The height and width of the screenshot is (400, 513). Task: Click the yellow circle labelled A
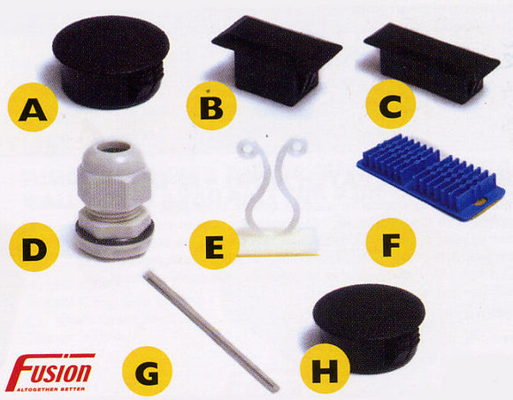tap(32, 112)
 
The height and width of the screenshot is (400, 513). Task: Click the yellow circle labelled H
tap(324, 371)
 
